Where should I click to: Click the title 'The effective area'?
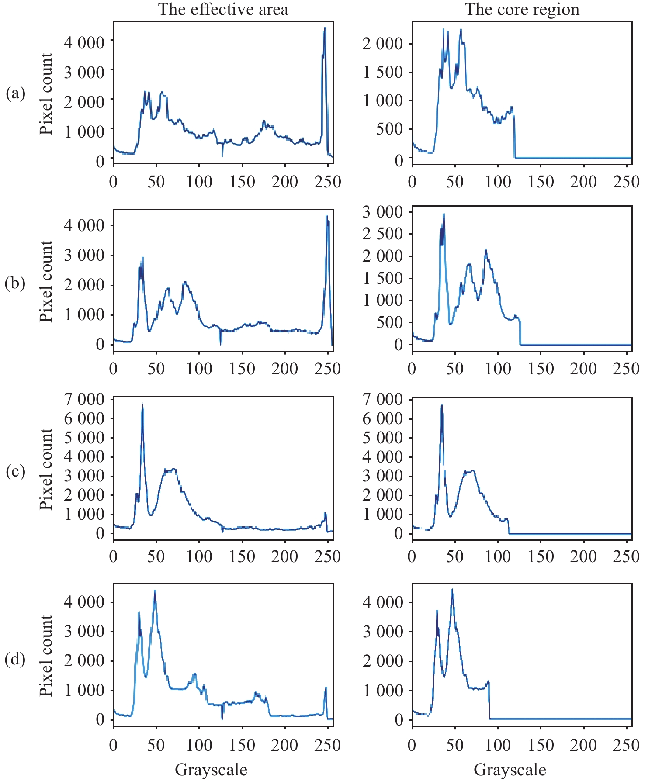(x=223, y=10)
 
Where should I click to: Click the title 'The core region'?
(x=522, y=10)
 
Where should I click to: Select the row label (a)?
(x=15, y=93)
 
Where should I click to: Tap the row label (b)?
(x=15, y=283)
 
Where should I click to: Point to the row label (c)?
(x=15, y=471)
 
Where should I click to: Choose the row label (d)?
(x=15, y=659)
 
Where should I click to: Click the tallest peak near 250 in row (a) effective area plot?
(x=325, y=29)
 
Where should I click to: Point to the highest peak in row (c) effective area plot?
(x=142, y=405)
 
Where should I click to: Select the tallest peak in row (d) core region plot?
(x=452, y=590)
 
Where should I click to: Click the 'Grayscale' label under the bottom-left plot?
(x=211, y=769)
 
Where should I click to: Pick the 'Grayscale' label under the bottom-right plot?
(x=510, y=769)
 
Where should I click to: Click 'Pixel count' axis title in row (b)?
(x=46, y=281)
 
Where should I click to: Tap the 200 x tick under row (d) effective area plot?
(x=284, y=745)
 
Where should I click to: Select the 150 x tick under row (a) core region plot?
(x=541, y=181)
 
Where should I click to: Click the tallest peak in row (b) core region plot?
(x=444, y=215)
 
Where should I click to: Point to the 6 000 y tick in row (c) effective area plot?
(x=84, y=418)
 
